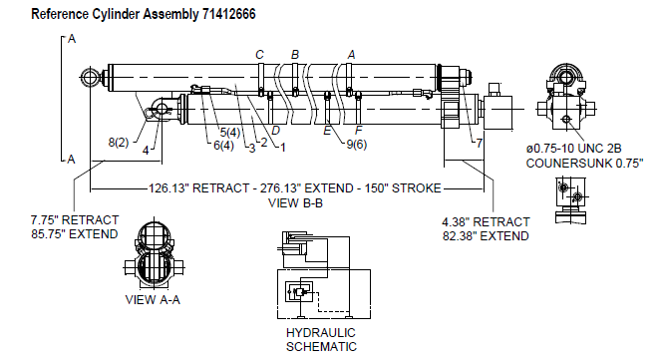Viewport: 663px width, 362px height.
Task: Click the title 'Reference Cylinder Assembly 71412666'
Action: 144,14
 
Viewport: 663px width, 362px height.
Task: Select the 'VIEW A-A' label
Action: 153,300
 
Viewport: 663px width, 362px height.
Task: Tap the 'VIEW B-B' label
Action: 295,203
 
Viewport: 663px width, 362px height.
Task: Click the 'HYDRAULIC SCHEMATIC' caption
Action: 321,340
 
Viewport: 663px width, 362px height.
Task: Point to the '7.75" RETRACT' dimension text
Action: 75,220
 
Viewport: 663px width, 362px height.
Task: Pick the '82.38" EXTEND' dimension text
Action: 486,236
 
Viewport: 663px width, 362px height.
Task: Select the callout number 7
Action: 480,144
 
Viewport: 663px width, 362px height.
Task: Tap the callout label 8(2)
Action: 119,142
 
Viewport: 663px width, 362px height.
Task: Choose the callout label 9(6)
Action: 357,145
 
